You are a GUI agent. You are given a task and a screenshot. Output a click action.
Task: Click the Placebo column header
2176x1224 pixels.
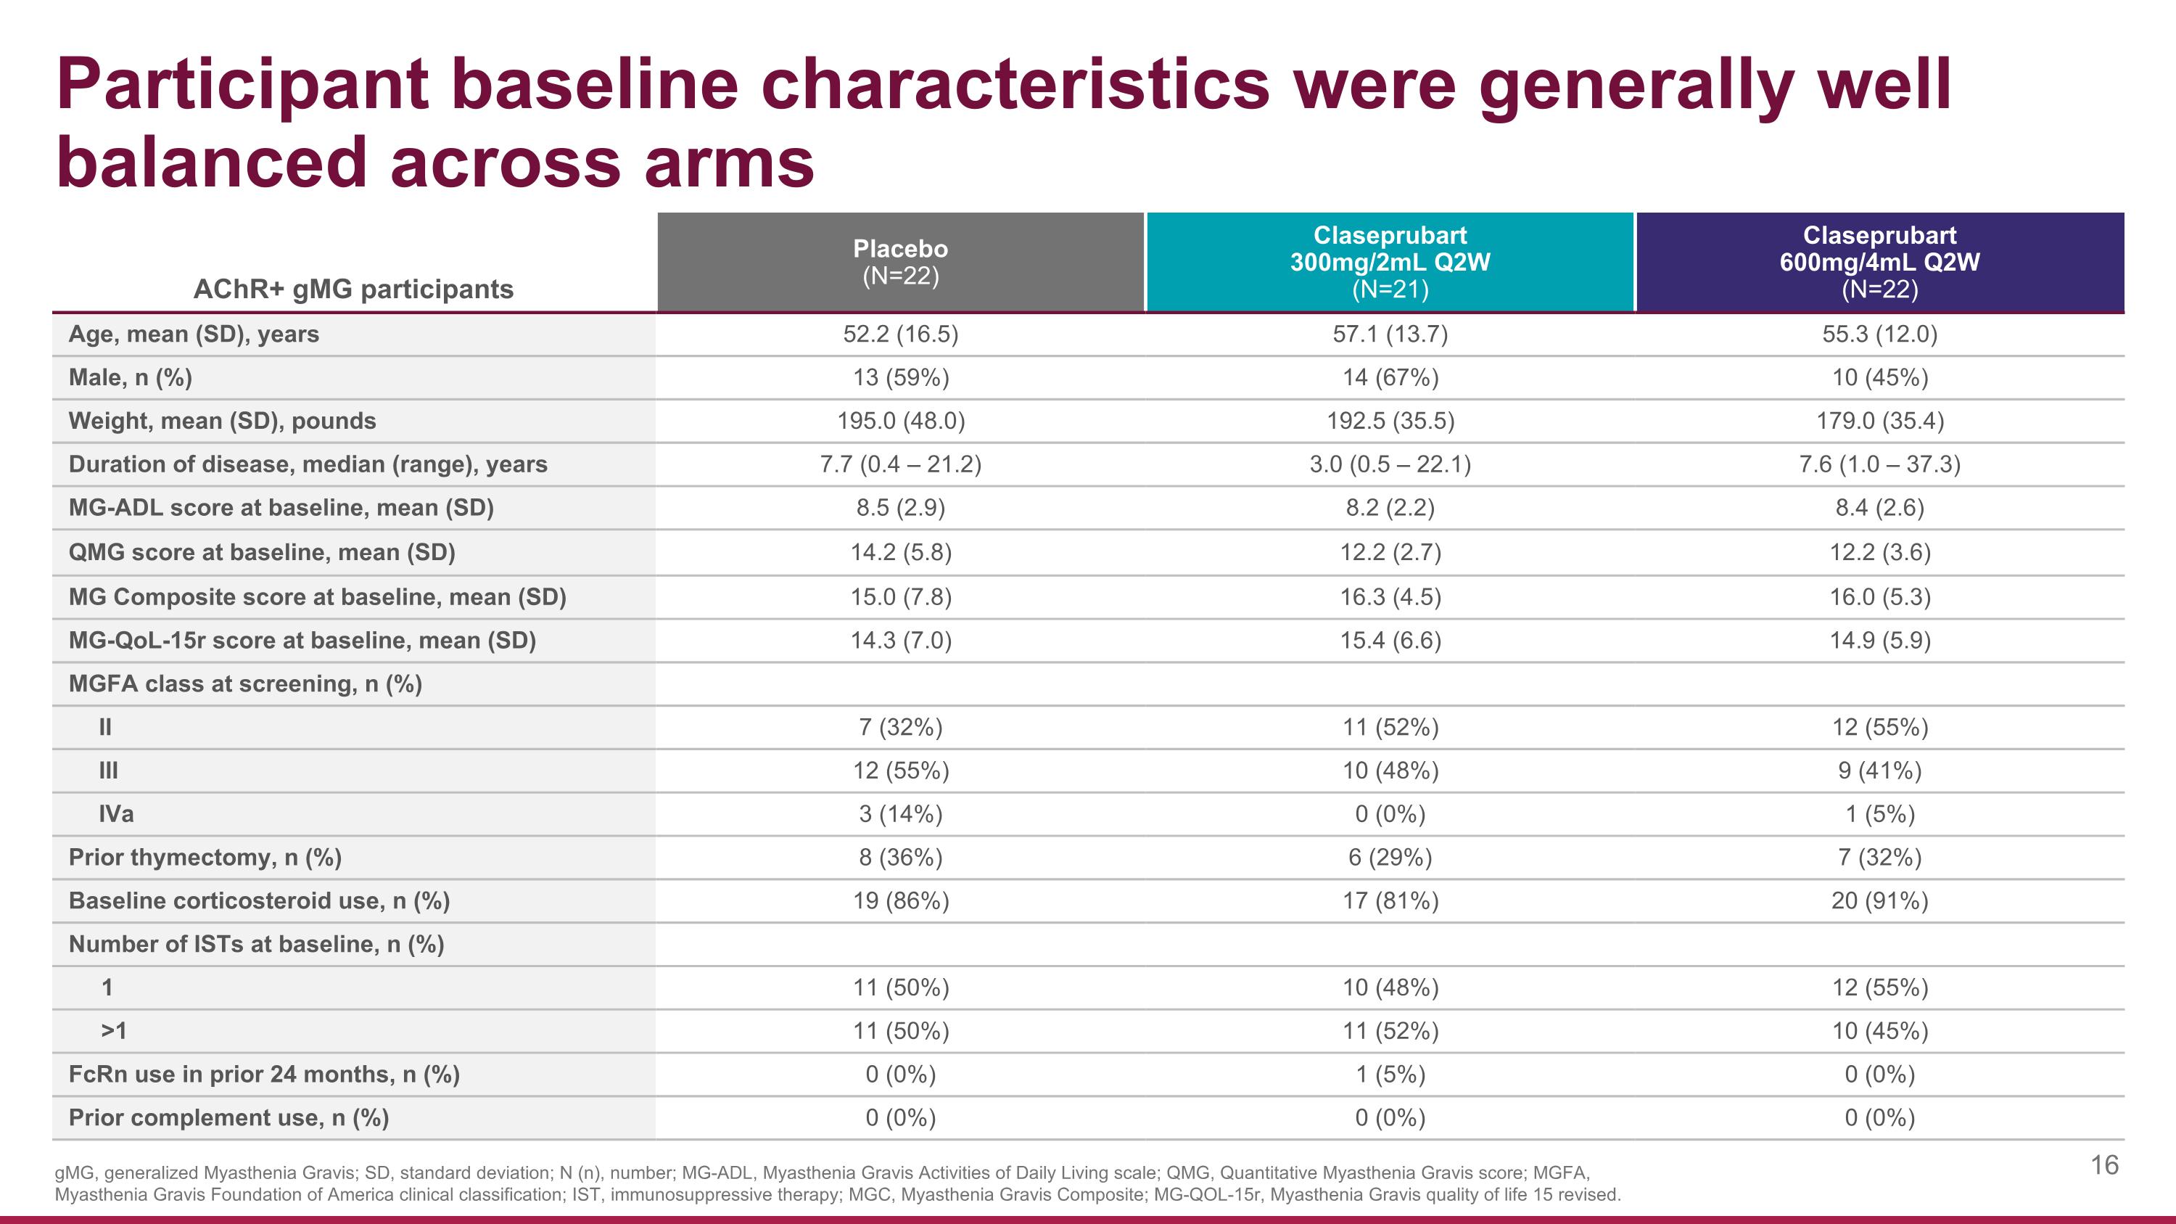tap(900, 262)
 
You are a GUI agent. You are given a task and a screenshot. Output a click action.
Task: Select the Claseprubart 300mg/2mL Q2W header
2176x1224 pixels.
tap(1390, 262)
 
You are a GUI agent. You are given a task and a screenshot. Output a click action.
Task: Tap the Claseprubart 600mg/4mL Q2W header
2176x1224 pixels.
tap(1879, 262)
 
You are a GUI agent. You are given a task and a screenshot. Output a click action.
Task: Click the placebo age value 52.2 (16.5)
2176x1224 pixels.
tap(900, 334)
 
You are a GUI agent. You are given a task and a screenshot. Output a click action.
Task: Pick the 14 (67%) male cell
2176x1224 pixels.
tap(1390, 377)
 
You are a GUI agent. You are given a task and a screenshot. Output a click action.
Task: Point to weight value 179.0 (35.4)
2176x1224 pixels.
tap(1879, 421)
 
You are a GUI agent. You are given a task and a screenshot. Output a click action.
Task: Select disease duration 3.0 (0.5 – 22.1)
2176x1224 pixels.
tap(1390, 464)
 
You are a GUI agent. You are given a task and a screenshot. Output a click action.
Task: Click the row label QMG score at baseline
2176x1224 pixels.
tap(262, 552)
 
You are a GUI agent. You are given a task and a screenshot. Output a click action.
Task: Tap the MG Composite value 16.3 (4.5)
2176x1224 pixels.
tap(1390, 597)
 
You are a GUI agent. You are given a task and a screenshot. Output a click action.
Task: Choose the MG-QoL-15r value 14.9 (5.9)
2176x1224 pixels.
tap(1879, 641)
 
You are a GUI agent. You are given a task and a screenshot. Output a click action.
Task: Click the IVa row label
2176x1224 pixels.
tap(116, 814)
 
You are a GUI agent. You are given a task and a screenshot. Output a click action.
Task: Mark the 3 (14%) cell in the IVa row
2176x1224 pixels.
tap(900, 814)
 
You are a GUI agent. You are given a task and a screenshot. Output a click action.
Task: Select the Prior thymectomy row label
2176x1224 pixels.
tap(205, 858)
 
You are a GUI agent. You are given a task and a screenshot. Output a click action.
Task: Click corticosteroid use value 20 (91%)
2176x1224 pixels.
tap(1879, 901)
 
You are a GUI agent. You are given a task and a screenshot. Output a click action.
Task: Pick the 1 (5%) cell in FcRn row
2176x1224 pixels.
tap(1390, 1075)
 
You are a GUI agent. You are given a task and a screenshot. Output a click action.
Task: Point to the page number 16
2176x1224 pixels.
tap(2104, 1166)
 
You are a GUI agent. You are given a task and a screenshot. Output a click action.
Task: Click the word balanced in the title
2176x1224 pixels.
tap(210, 163)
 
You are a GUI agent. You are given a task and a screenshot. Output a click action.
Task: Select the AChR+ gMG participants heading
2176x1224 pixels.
tap(353, 289)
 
